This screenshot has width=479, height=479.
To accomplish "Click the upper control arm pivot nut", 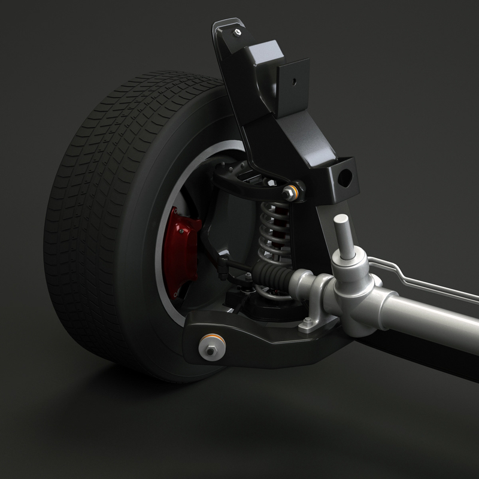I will coord(290,192).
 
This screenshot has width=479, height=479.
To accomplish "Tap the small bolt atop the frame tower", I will coord(238,31).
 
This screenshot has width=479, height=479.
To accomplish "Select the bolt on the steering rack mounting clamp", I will coord(308,323).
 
